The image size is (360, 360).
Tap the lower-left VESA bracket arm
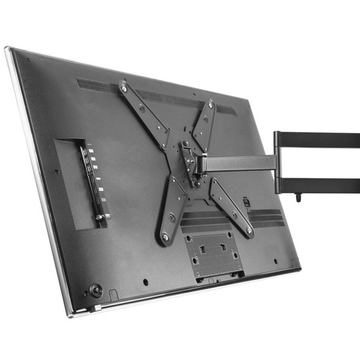(172, 207)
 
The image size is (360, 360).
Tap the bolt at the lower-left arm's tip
(166, 238)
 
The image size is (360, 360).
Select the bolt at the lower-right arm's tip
(248, 229)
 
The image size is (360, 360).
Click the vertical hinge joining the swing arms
(278, 162)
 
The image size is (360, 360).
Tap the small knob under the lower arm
(299, 197)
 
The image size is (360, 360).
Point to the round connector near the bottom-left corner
(95, 290)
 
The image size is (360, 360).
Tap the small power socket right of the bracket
(245, 203)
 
